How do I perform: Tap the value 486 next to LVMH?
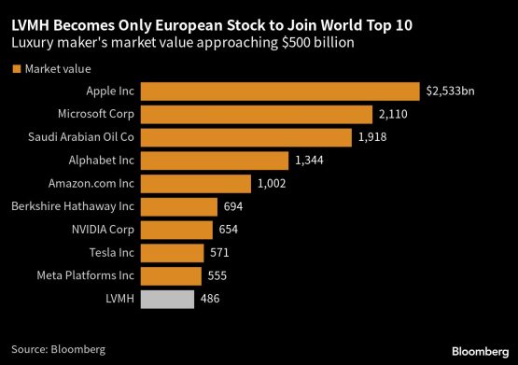(211, 299)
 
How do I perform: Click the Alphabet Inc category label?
(103, 161)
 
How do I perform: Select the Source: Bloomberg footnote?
(58, 348)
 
